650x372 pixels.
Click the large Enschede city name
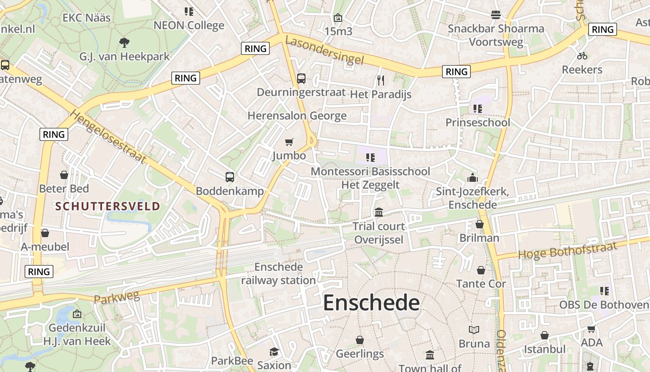pos(371,303)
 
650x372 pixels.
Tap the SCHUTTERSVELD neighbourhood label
pos(108,206)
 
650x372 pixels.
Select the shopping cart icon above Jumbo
pos(289,142)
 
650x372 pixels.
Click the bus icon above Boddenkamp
pos(230,177)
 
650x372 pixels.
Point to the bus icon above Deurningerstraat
pos(301,78)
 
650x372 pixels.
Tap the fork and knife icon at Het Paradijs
pos(381,80)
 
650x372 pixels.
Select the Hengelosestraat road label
pos(108,136)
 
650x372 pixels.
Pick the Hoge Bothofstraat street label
pos(567,250)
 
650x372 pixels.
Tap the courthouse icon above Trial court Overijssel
pos(379,212)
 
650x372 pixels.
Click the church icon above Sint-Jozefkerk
pos(473,178)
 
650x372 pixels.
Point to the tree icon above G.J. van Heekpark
pos(124,43)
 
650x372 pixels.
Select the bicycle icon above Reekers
pos(582,56)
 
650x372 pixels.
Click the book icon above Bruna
pos(474,330)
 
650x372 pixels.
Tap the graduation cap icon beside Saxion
pos(274,351)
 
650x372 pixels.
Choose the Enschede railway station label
pos(279,273)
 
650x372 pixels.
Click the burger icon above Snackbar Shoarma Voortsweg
pos(495,15)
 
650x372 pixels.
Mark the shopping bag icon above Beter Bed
pos(64,175)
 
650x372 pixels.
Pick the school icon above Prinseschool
pos(477,109)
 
